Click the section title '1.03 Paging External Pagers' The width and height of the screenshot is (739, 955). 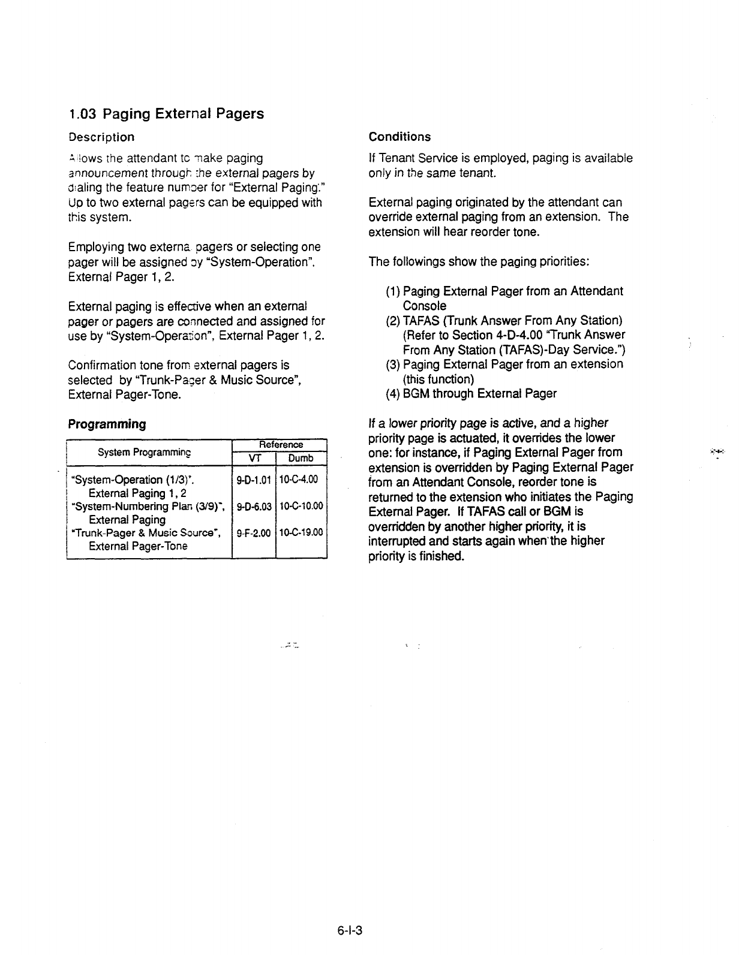point(166,113)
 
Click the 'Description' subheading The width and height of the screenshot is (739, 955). point(101,137)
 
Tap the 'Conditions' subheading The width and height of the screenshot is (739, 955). point(399,137)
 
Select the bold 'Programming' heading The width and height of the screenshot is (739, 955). point(107,424)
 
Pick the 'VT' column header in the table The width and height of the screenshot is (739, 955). point(254,458)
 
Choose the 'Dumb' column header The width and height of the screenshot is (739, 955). point(301,458)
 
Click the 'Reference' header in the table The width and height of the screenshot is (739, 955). point(279,444)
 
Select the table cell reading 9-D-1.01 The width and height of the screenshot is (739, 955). point(254,480)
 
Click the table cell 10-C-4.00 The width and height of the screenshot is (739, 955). point(301,480)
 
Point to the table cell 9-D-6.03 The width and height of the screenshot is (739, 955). point(254,506)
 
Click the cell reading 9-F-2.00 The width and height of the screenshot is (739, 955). point(254,532)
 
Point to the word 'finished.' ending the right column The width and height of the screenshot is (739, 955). point(442,556)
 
